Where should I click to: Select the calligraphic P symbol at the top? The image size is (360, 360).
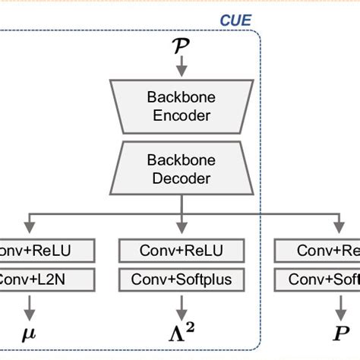181,46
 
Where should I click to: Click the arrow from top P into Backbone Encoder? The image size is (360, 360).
181,68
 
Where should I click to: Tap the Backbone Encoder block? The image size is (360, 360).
181,108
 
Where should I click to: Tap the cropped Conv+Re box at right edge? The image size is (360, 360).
317,251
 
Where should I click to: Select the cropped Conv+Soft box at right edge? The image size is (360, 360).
317,279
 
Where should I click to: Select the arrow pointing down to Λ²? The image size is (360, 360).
181,306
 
